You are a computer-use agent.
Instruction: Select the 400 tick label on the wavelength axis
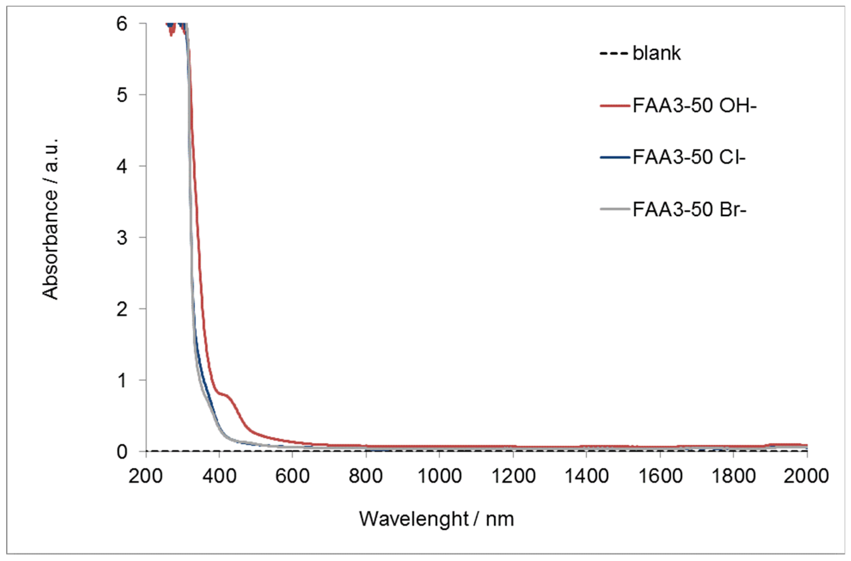click(x=219, y=476)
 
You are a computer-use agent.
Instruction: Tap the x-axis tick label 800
click(x=365, y=476)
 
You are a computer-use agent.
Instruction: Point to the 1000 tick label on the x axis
click(x=439, y=476)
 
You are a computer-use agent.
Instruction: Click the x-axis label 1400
click(x=586, y=476)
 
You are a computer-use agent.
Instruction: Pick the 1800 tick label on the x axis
click(x=733, y=476)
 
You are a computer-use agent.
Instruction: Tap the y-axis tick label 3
click(x=122, y=238)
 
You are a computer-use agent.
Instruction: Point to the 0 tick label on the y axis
click(x=122, y=452)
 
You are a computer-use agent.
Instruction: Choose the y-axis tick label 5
click(x=122, y=95)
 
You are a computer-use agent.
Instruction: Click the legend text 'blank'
click(x=657, y=54)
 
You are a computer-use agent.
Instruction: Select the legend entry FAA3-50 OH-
click(x=695, y=106)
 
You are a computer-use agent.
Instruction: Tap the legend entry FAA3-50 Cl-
click(x=689, y=157)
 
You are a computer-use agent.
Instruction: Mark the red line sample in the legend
click(x=614, y=106)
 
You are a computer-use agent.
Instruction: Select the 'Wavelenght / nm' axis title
click(x=436, y=519)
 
